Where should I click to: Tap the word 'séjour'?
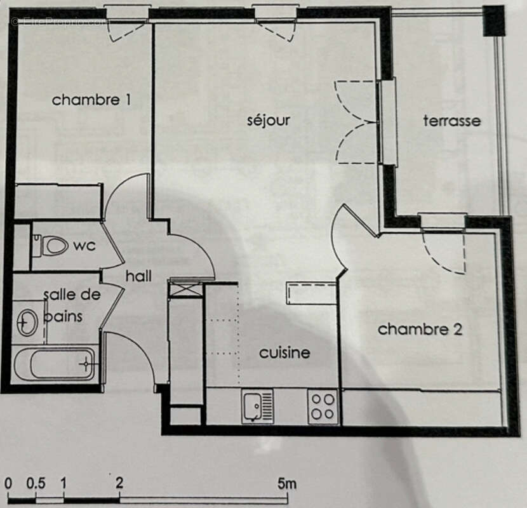[269, 120]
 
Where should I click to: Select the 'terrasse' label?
[452, 121]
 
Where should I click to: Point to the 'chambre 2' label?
[420, 329]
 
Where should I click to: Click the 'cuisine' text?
[284, 352]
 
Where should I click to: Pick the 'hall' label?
[138, 276]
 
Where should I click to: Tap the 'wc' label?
[84, 245]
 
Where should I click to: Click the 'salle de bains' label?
[68, 305]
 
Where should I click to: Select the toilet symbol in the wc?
[51, 245]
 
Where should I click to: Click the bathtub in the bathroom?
[55, 364]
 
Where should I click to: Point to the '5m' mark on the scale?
[287, 484]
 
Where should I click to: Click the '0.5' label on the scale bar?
[36, 484]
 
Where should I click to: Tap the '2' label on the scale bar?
[119, 484]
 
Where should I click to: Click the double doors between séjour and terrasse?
[356, 122]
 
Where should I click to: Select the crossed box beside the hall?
[186, 290]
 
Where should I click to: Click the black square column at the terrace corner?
[493, 20]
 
